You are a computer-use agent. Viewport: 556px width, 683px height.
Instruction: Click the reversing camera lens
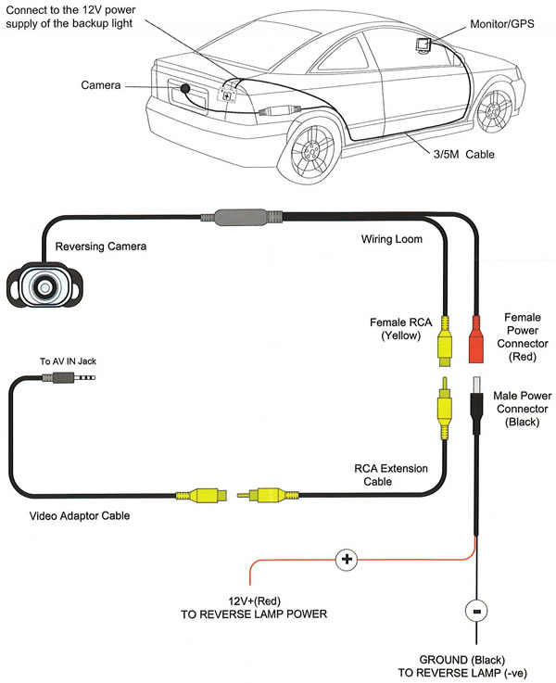(43, 288)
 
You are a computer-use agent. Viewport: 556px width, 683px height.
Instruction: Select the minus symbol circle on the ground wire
(476, 613)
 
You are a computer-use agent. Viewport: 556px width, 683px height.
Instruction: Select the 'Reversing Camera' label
(101, 247)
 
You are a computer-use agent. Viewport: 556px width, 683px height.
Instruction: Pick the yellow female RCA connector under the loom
(445, 340)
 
